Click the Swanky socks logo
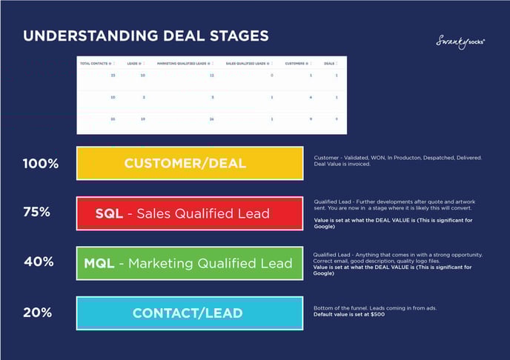pyautogui.click(x=460, y=43)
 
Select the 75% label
pyautogui.click(x=36, y=212)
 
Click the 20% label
pyautogui.click(x=36, y=313)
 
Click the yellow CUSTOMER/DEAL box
pyautogui.click(x=190, y=164)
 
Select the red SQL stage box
pyautogui.click(x=190, y=213)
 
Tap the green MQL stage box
pyautogui.click(x=190, y=263)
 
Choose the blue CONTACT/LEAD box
pyautogui.click(x=190, y=313)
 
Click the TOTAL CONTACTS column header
pyautogui.click(x=96, y=64)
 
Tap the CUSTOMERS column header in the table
pyautogui.click(x=298, y=64)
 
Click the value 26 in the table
pyautogui.click(x=211, y=119)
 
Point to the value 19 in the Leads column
pyautogui.click(x=142, y=119)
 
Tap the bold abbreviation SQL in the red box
pyautogui.click(x=110, y=213)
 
